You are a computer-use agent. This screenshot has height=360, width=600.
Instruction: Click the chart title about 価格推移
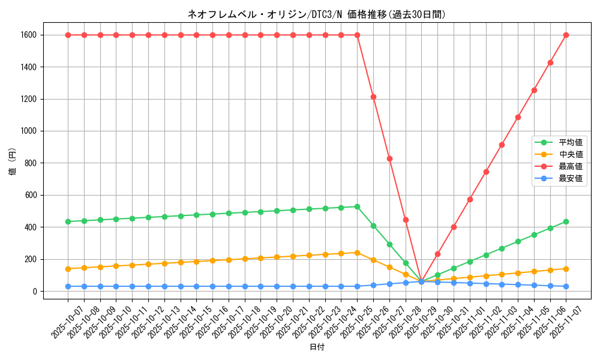click(317, 14)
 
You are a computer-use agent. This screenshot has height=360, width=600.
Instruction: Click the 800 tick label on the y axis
click(31, 163)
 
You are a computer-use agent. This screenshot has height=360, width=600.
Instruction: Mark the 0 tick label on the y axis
click(35, 292)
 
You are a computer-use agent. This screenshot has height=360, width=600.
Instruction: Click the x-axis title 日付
click(317, 347)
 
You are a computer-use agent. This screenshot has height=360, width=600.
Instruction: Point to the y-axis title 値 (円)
click(12, 162)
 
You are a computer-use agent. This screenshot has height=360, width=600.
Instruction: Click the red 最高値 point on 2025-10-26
click(373, 97)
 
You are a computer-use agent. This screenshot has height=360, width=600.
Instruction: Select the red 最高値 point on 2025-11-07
click(566, 35)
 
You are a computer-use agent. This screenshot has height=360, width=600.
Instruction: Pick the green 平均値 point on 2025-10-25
click(357, 206)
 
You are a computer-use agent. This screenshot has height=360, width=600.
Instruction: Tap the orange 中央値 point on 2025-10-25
click(357, 253)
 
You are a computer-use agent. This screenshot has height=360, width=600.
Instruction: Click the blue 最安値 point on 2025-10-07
click(68, 286)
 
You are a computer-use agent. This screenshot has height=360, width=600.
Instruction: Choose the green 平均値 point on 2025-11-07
click(566, 221)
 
